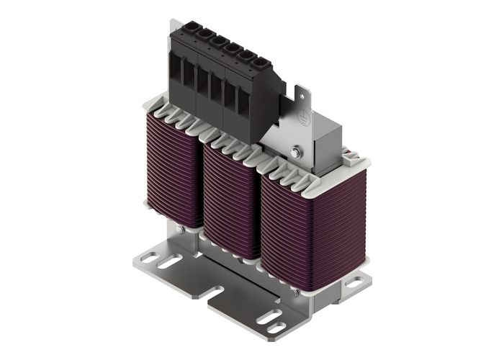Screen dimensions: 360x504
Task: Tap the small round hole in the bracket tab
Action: click(x=302, y=93)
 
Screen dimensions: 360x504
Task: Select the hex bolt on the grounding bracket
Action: click(x=297, y=152)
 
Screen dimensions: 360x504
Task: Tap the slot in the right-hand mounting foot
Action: click(x=354, y=283)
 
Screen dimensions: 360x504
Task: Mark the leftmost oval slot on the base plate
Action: click(x=168, y=262)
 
